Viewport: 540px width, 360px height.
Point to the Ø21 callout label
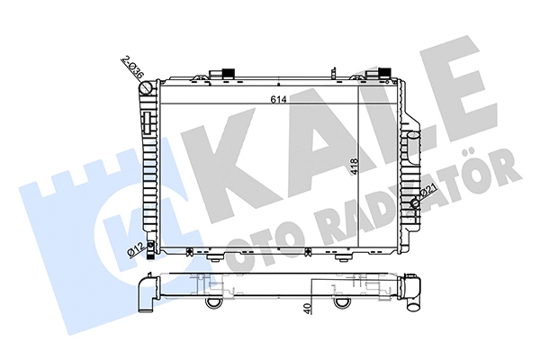click(x=430, y=191)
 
